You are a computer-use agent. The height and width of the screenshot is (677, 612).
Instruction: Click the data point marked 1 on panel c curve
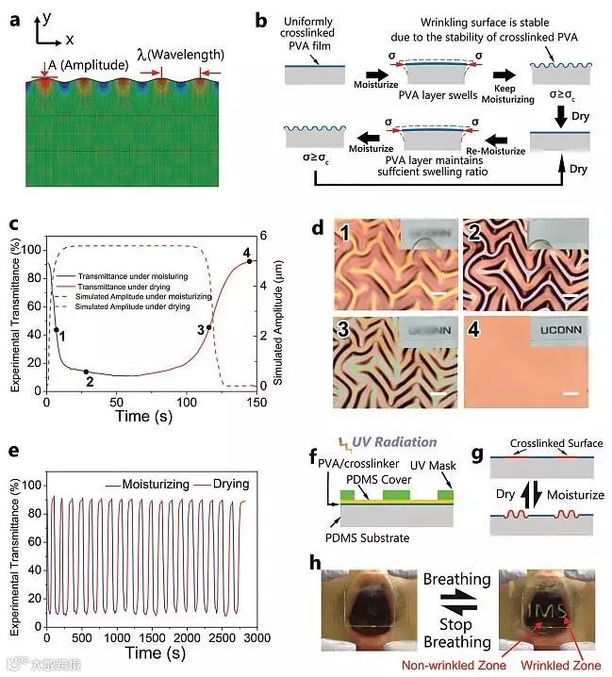(56, 329)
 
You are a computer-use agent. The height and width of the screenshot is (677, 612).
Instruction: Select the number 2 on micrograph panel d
(473, 232)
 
